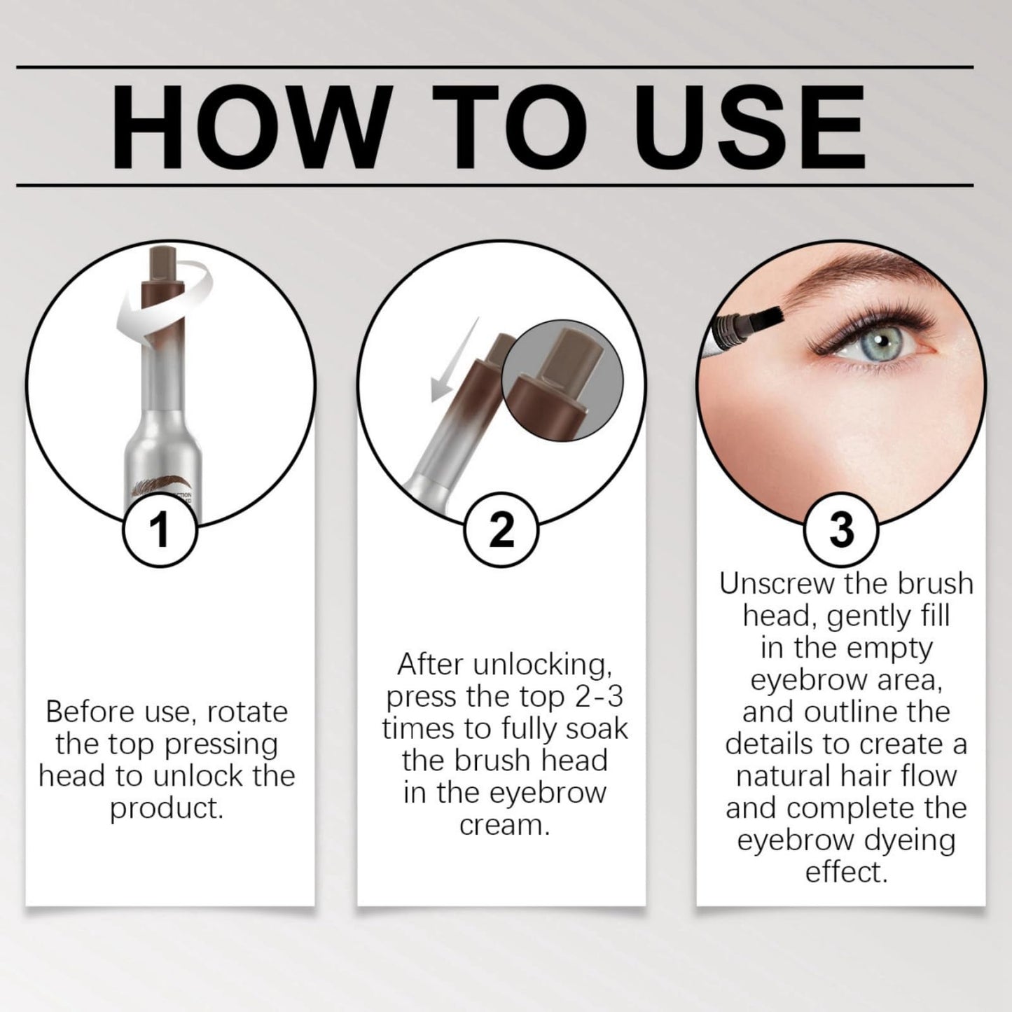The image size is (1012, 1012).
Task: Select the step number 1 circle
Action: [x=160, y=531]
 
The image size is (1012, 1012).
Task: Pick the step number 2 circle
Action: [x=501, y=531]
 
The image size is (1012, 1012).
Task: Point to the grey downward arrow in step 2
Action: [x=454, y=360]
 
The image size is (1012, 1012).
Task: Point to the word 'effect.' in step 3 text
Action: [x=846, y=873]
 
